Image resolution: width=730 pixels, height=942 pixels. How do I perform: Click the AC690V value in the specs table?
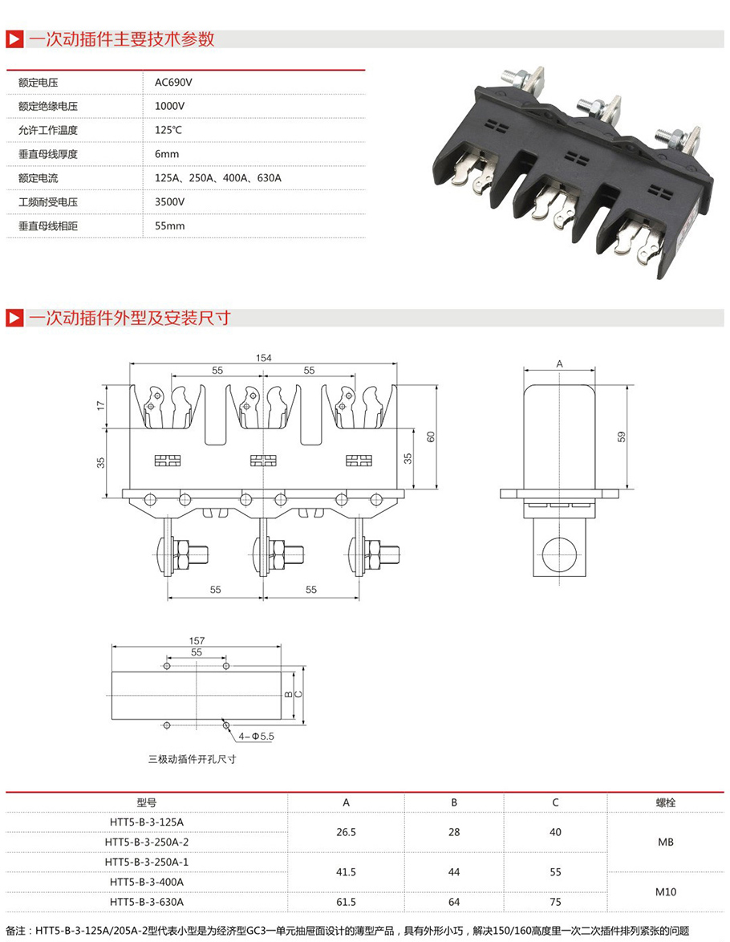(173, 82)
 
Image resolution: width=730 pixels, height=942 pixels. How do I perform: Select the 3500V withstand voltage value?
(170, 202)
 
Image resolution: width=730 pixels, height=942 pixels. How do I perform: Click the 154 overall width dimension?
(264, 358)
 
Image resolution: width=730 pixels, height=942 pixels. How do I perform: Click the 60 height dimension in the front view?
(431, 436)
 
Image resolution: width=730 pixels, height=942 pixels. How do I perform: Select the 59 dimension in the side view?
(622, 436)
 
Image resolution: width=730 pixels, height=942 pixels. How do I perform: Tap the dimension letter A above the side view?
(559, 363)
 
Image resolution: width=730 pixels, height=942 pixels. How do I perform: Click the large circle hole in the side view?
(559, 554)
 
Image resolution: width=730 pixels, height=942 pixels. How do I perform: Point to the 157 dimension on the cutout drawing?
(197, 641)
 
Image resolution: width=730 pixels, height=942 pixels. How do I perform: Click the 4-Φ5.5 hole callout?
(257, 735)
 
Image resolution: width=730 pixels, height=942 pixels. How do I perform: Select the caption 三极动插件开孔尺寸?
(192, 758)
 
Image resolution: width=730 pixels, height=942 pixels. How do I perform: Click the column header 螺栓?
(665, 802)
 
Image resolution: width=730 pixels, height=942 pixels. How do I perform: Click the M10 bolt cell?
(665, 891)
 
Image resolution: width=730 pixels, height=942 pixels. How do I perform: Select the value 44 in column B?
(454, 871)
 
